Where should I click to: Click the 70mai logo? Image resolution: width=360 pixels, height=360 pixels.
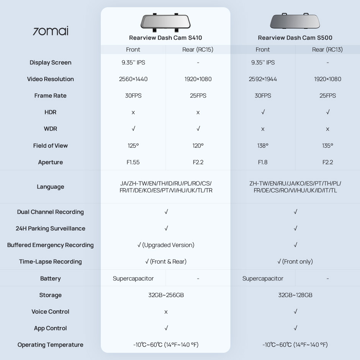coord(51,31)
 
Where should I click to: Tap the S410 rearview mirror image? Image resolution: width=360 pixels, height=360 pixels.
coord(165,23)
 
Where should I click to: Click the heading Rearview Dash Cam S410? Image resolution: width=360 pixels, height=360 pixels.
coord(165,38)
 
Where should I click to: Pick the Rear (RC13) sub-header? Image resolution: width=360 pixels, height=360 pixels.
coord(327,49)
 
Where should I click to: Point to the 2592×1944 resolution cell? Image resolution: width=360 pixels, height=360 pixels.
coord(263,79)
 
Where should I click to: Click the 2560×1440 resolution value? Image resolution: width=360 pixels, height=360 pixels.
coord(133,79)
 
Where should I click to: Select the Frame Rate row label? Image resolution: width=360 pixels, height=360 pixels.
coord(51,96)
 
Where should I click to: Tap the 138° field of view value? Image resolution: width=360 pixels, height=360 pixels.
coord(263,146)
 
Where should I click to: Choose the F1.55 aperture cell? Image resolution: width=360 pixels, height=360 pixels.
coord(133,162)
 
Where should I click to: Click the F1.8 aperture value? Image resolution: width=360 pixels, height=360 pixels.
coord(263,162)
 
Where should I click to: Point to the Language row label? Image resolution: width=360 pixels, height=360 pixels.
coord(51,187)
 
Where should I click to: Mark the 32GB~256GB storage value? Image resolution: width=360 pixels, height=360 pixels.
coord(166,295)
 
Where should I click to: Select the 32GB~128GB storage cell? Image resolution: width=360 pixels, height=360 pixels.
coord(295,295)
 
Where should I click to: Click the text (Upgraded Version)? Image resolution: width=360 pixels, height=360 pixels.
coord(169,245)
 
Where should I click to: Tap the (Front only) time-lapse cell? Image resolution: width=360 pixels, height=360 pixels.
coord(298,262)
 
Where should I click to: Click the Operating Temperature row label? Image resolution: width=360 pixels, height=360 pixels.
coord(51,345)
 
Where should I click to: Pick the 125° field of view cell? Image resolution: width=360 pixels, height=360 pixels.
coord(133,146)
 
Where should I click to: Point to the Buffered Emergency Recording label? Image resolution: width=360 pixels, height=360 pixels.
coord(51,245)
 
